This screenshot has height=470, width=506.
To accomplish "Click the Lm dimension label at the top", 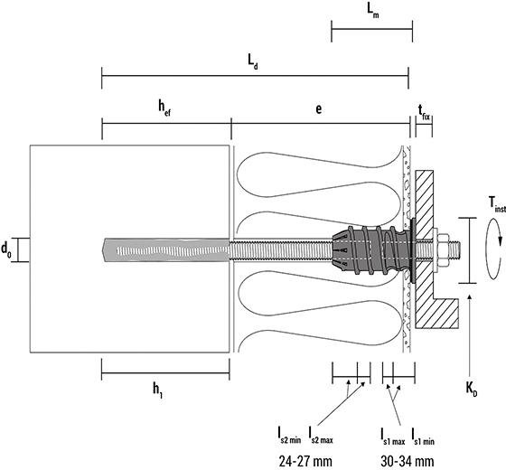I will [372, 11].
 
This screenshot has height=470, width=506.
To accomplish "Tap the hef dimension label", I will [164, 107].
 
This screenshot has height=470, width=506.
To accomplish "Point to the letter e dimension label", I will [319, 107].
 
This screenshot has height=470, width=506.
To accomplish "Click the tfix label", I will [424, 111].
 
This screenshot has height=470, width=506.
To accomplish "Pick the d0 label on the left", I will [7, 248].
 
